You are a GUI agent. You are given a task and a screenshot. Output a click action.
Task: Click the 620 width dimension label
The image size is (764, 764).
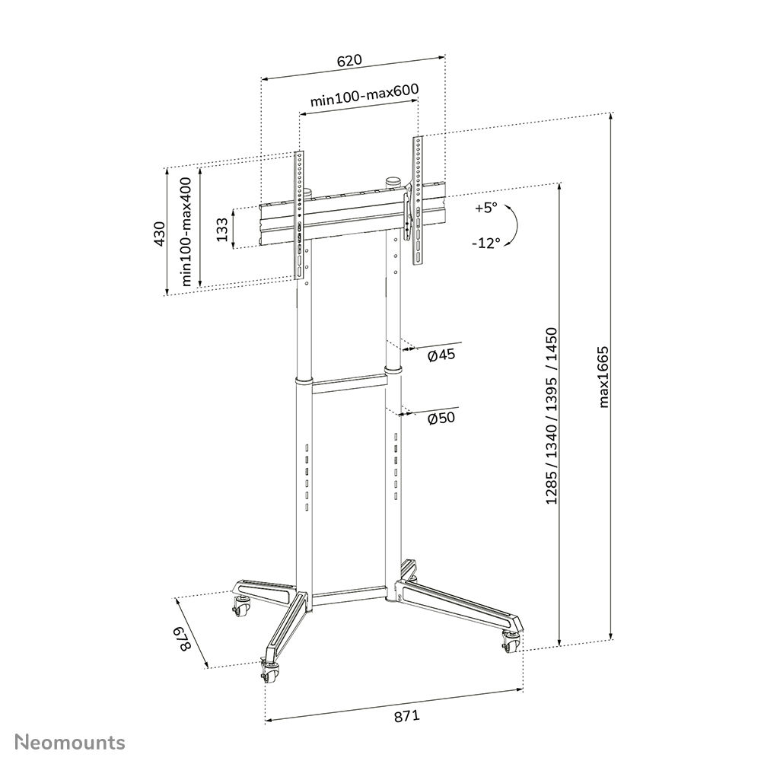pyautogui.click(x=350, y=60)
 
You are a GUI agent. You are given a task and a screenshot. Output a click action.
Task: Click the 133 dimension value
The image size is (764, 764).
pyautogui.click(x=222, y=229)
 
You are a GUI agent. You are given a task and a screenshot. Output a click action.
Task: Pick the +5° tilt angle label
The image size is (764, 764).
pyautogui.click(x=484, y=208)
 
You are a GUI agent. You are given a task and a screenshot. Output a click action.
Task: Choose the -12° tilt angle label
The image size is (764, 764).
pyautogui.click(x=485, y=244)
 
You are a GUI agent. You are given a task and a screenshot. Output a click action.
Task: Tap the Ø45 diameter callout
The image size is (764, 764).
pyautogui.click(x=441, y=356)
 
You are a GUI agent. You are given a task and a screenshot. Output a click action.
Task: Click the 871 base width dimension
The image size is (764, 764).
pyautogui.click(x=407, y=716)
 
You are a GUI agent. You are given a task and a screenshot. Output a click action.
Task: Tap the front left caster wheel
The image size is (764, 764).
pyautogui.click(x=269, y=669)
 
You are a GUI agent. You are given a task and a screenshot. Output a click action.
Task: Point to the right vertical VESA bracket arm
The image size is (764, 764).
pyautogui.click(x=417, y=201)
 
